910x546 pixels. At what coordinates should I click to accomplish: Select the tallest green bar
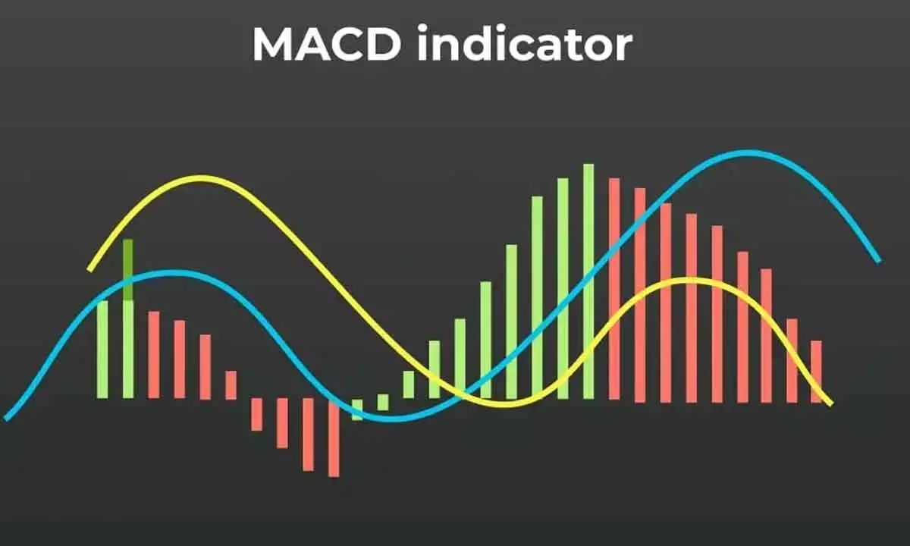(x=588, y=281)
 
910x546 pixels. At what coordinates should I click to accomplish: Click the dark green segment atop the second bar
(x=128, y=269)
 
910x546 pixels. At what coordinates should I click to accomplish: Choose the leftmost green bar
(x=102, y=350)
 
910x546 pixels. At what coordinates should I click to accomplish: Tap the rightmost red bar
(x=816, y=372)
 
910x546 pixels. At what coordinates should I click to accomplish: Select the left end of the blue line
(x=7, y=417)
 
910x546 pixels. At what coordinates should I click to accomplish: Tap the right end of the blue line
(x=878, y=260)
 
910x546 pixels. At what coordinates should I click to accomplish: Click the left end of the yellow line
(x=90, y=268)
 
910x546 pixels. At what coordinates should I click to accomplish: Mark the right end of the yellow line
(x=830, y=403)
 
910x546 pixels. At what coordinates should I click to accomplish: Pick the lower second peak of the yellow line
(x=686, y=281)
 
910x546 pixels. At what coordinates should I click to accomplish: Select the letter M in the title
(x=273, y=45)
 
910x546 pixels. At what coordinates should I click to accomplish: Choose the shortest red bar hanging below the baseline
(x=256, y=414)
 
